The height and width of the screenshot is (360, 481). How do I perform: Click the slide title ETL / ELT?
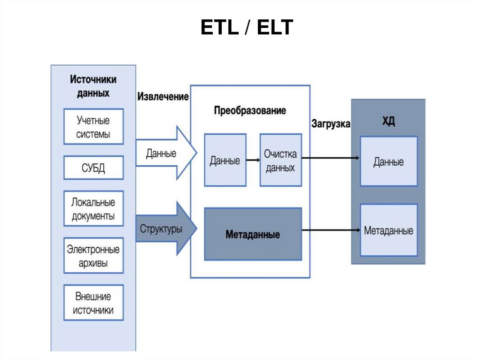[247, 28]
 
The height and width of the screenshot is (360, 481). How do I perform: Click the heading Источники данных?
[93, 86]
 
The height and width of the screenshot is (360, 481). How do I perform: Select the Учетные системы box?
[93, 127]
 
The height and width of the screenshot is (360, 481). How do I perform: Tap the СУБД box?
[93, 168]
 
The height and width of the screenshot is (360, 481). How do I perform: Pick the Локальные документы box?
[93, 209]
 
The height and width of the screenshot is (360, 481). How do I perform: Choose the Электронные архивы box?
[93, 256]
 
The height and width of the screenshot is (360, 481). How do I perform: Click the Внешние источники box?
[93, 303]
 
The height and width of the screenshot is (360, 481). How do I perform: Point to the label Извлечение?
[163, 97]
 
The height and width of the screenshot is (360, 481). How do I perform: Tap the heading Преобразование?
[250, 111]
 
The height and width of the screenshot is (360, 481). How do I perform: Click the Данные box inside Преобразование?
[225, 161]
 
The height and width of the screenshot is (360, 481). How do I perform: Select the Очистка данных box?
[280, 161]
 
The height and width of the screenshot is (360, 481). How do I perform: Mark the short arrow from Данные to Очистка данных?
[253, 161]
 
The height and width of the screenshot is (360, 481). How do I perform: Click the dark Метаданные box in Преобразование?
[253, 234]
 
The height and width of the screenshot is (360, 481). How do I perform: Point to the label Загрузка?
[331, 124]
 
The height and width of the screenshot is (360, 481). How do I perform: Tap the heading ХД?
[388, 122]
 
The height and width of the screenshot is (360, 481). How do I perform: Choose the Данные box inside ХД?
[388, 162]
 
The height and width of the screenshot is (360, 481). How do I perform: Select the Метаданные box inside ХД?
[388, 230]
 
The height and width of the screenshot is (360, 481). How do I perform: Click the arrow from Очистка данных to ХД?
[331, 158]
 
